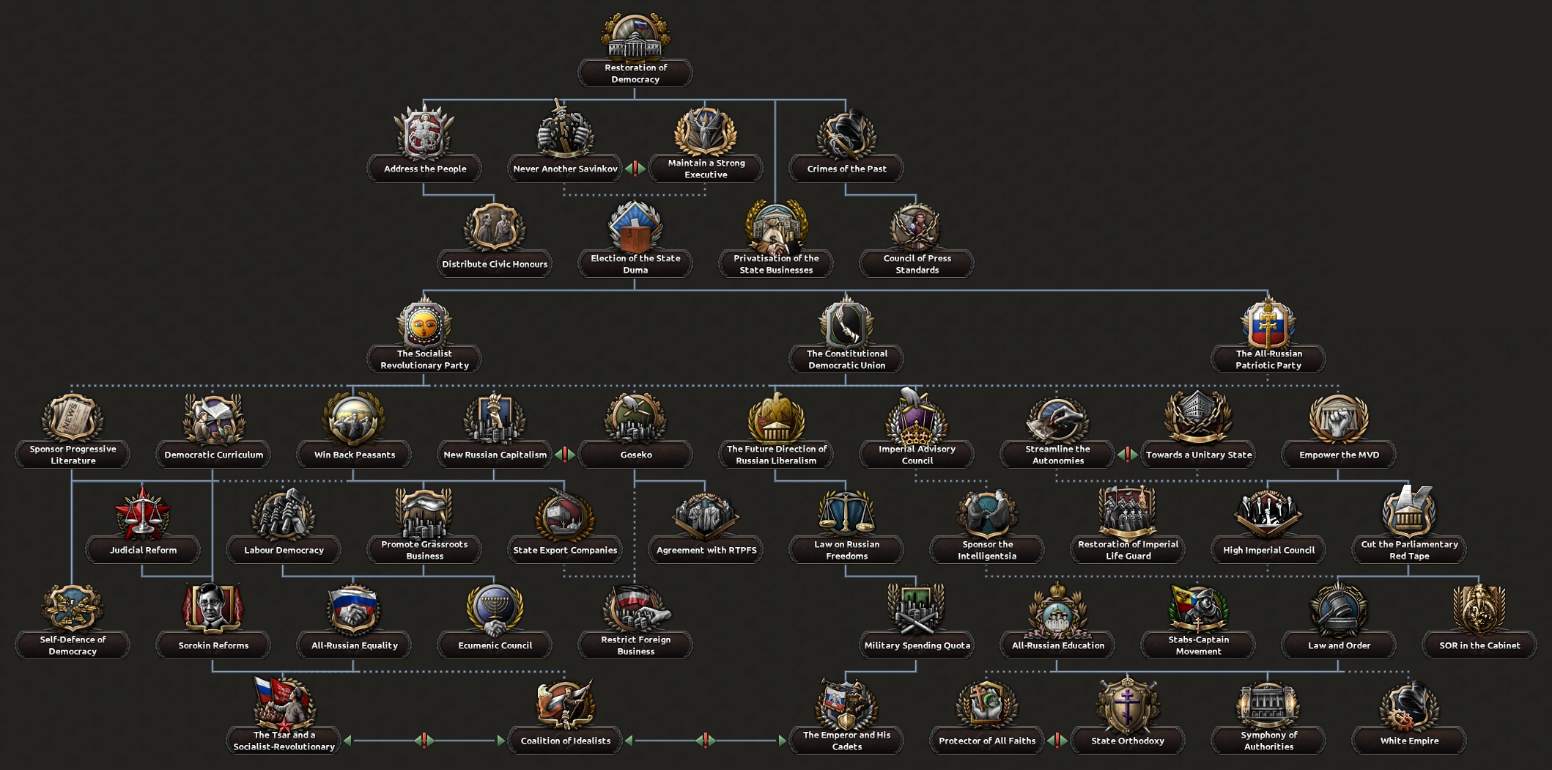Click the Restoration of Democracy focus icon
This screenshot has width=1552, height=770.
click(x=635, y=37)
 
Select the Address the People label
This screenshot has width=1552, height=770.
click(x=425, y=169)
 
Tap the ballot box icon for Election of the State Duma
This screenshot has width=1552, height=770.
click(x=635, y=228)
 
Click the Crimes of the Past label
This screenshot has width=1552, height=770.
click(x=846, y=169)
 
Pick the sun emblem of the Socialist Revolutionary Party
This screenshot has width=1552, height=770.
click(x=424, y=325)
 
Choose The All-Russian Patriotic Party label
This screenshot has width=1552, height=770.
click(x=1268, y=359)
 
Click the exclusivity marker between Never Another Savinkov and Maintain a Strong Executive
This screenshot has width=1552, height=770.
click(x=635, y=169)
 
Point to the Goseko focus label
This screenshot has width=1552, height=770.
click(x=635, y=455)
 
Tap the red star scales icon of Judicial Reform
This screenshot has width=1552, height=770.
click(x=143, y=514)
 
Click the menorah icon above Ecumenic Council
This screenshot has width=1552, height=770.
click(x=495, y=609)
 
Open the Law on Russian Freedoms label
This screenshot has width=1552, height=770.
click(x=846, y=550)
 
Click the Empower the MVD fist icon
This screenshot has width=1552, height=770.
click(x=1339, y=419)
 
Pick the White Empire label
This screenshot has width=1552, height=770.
click(x=1409, y=741)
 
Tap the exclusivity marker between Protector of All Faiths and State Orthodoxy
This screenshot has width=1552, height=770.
click(x=1057, y=741)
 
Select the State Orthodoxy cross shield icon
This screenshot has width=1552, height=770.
click(x=1127, y=705)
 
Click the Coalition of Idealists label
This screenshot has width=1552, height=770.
click(x=565, y=741)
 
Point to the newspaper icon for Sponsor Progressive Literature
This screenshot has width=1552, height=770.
click(x=73, y=419)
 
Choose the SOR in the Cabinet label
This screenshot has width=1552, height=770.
click(x=1479, y=645)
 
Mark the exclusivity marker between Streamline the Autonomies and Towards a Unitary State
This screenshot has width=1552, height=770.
click(x=1127, y=455)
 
